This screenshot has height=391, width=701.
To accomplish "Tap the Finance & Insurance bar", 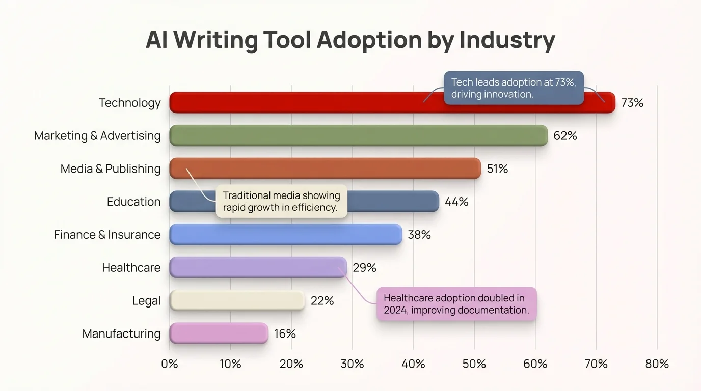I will click(x=285, y=234).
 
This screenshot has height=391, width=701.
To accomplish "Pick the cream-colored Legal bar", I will click(x=237, y=300).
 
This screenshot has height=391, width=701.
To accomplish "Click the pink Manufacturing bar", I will click(x=219, y=333).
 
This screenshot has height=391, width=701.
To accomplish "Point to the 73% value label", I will click(x=632, y=103).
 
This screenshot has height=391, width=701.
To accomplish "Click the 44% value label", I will click(x=456, y=202).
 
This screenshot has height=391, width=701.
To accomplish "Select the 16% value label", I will click(x=285, y=333).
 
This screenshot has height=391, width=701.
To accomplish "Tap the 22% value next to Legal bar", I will click(x=322, y=301).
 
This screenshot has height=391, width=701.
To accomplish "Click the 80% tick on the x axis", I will click(x=657, y=364).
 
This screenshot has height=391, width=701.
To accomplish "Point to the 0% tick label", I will click(x=170, y=364).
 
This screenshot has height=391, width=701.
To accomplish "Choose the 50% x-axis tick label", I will click(x=474, y=364).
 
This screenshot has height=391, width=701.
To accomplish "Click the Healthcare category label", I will click(x=131, y=267).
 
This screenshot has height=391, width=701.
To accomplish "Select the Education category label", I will click(x=133, y=202).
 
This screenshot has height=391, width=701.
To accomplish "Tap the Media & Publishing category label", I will click(x=110, y=169).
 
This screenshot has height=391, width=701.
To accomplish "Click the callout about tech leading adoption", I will click(x=514, y=88).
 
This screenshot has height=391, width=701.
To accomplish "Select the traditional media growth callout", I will click(x=281, y=202).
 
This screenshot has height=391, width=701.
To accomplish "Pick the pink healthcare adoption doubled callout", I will click(x=456, y=304).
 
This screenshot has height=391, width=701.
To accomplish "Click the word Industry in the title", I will click(x=507, y=40).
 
